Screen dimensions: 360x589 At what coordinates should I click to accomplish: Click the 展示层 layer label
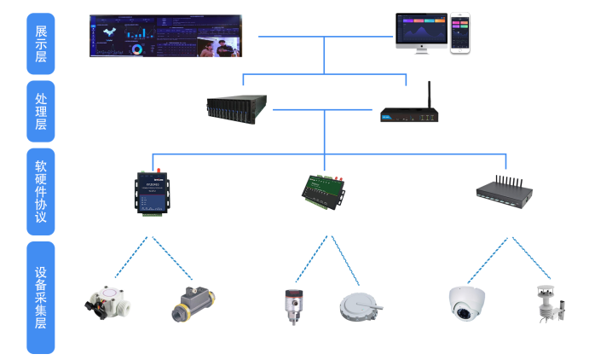(x=41, y=44)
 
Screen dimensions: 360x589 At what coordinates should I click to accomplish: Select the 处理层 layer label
(x=41, y=112)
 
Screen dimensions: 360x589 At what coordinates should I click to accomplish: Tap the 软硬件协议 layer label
(x=41, y=192)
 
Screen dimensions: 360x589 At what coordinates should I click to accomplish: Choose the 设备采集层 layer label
(x=41, y=299)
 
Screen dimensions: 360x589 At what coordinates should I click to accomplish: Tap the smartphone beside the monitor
(x=460, y=33)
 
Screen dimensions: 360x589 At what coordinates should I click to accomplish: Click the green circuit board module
(x=324, y=189)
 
